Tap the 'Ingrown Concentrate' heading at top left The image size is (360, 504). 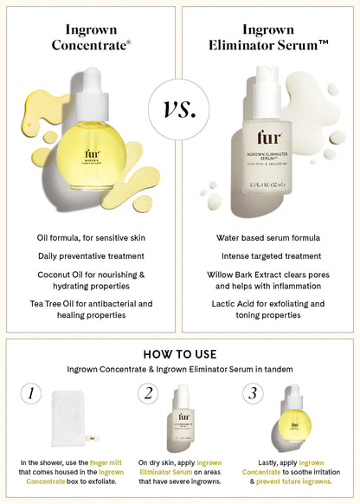91,36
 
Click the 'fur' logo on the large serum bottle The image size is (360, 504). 268,140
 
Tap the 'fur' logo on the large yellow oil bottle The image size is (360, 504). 92,153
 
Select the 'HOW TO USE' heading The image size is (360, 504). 180,354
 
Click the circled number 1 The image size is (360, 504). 31,394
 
